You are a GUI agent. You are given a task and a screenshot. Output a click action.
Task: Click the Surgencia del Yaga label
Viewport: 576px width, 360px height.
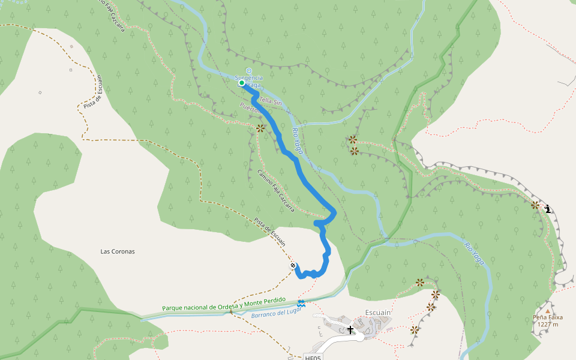249,78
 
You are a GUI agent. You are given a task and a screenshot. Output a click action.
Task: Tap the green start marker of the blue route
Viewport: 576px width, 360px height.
242,83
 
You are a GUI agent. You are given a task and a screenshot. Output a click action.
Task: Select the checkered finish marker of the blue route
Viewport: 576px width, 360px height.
293,265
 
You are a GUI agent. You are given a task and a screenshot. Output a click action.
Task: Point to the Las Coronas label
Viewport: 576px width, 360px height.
118,251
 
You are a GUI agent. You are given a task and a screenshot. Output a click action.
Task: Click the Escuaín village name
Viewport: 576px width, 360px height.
378,313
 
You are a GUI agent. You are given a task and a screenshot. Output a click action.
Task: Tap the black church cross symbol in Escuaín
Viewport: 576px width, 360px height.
350,329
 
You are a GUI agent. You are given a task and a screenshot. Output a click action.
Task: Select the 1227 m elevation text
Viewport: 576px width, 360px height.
547,325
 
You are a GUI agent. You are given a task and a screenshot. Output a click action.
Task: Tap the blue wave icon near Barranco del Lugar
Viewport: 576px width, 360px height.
301,304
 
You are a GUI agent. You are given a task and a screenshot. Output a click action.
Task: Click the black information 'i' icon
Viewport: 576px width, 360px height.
548,209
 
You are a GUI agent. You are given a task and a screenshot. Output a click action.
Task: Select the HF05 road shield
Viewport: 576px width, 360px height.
313,358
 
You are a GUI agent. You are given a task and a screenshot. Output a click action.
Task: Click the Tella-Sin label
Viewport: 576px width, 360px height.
270,103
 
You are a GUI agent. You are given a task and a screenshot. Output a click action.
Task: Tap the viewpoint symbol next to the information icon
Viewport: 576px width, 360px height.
535,205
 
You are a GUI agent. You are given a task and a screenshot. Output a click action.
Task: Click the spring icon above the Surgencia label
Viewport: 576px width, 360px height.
248,70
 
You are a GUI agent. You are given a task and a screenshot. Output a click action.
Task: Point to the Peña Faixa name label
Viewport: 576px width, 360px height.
547,317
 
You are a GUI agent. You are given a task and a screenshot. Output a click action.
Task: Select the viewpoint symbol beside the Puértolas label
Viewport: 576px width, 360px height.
260,128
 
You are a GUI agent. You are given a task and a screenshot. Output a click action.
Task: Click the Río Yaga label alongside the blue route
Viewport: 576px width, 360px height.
298,140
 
